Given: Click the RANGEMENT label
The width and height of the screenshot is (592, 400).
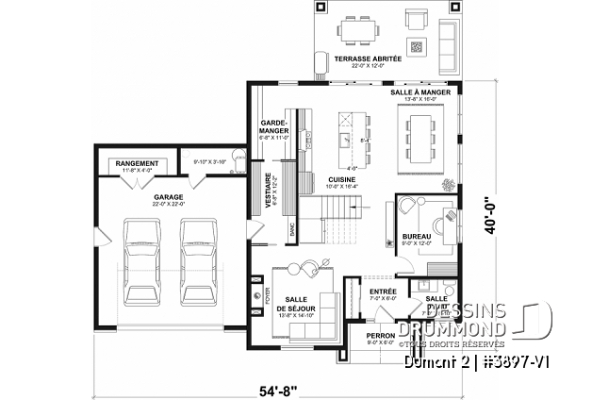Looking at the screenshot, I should pyautogui.click(x=138, y=163).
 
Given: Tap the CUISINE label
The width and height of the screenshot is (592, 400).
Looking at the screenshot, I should pyautogui.click(x=341, y=178).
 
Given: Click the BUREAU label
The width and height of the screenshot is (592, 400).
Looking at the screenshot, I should pyautogui.click(x=416, y=237).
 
